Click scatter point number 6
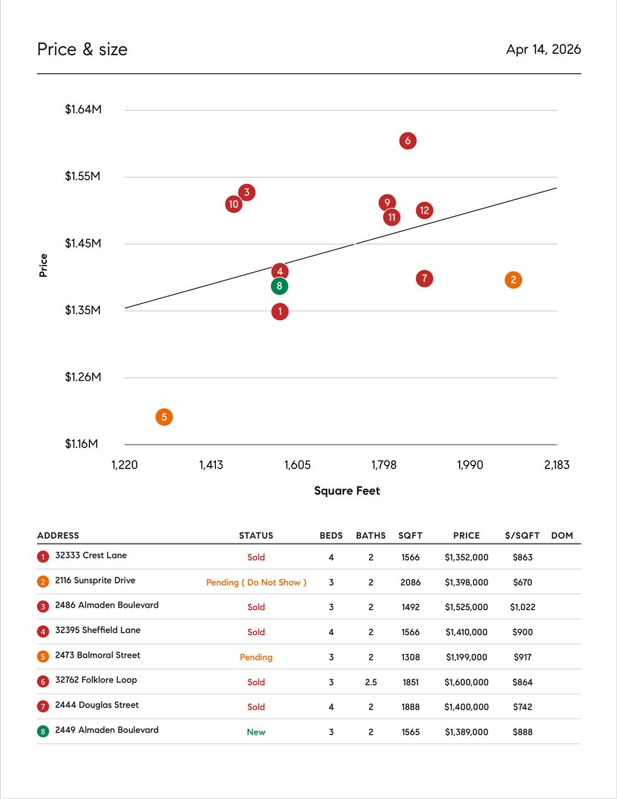[x=408, y=141]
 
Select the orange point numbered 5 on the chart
[x=164, y=417]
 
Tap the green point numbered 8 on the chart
[x=279, y=286]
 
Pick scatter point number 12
[x=425, y=211]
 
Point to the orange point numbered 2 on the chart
[x=514, y=280]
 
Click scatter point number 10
[x=233, y=205]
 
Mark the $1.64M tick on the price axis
[x=83, y=110]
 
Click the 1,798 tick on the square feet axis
[x=384, y=465]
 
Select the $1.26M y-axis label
[x=83, y=377]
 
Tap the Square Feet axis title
[x=347, y=491]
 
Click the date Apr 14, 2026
[x=543, y=50]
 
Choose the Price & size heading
[x=82, y=50]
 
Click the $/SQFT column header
[x=522, y=536]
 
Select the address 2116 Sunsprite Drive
[x=95, y=580]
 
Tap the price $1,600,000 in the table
[x=466, y=682]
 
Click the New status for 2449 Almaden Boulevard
[x=256, y=732]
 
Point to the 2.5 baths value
[x=371, y=682]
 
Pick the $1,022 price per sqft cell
[x=523, y=607]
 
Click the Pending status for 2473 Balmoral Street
[x=256, y=657]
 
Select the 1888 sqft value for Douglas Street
[x=411, y=707]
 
